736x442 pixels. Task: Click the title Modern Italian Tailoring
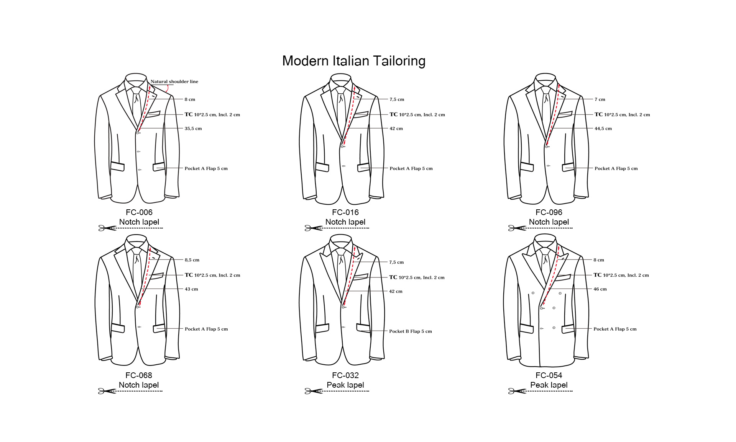coord(353,61)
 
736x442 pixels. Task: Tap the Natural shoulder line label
coord(174,82)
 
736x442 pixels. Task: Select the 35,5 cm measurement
coord(193,129)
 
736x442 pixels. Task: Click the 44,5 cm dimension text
coord(603,129)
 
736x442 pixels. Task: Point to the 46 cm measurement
coord(600,289)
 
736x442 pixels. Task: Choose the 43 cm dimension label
coord(191,289)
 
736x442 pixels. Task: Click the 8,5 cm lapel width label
coord(192,260)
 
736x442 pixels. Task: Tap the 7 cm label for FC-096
coord(600,99)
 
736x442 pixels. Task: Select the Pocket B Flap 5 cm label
coord(410,331)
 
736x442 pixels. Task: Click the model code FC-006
coord(139,212)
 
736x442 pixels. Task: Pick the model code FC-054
coord(549,375)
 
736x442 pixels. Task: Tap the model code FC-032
coord(345,375)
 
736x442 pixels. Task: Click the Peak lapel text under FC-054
coord(549,385)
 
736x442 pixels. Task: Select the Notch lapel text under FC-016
coord(345,222)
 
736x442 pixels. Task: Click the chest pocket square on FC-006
coord(153,114)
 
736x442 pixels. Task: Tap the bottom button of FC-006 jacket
coord(139,170)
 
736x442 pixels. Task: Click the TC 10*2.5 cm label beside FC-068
coord(212,275)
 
